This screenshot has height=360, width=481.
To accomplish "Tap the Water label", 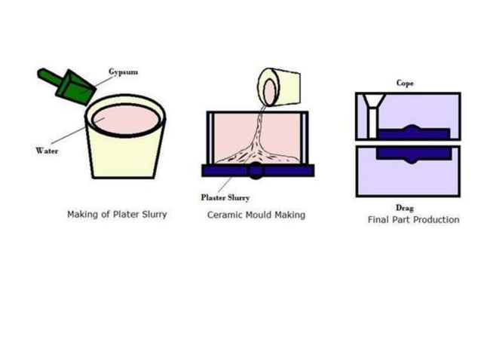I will (47, 151).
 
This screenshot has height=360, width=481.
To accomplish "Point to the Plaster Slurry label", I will (225, 198).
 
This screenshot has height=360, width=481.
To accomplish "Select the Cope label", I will (406, 83).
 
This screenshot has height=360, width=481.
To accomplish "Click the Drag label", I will (406, 207).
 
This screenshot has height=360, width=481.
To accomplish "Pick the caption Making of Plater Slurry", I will (117, 215).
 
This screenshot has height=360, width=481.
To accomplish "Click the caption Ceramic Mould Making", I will (256, 215).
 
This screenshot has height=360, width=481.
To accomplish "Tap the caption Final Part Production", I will (413, 220).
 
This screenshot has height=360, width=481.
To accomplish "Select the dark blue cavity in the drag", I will (413, 153).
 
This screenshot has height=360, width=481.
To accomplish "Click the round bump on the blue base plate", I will (256, 170).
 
